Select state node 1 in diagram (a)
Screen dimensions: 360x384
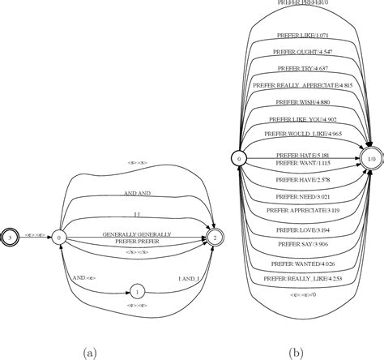(x=138, y=290)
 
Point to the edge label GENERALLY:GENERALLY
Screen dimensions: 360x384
(x=137, y=234)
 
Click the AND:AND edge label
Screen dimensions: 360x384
(x=137, y=195)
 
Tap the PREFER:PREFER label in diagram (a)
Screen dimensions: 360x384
(x=137, y=242)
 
